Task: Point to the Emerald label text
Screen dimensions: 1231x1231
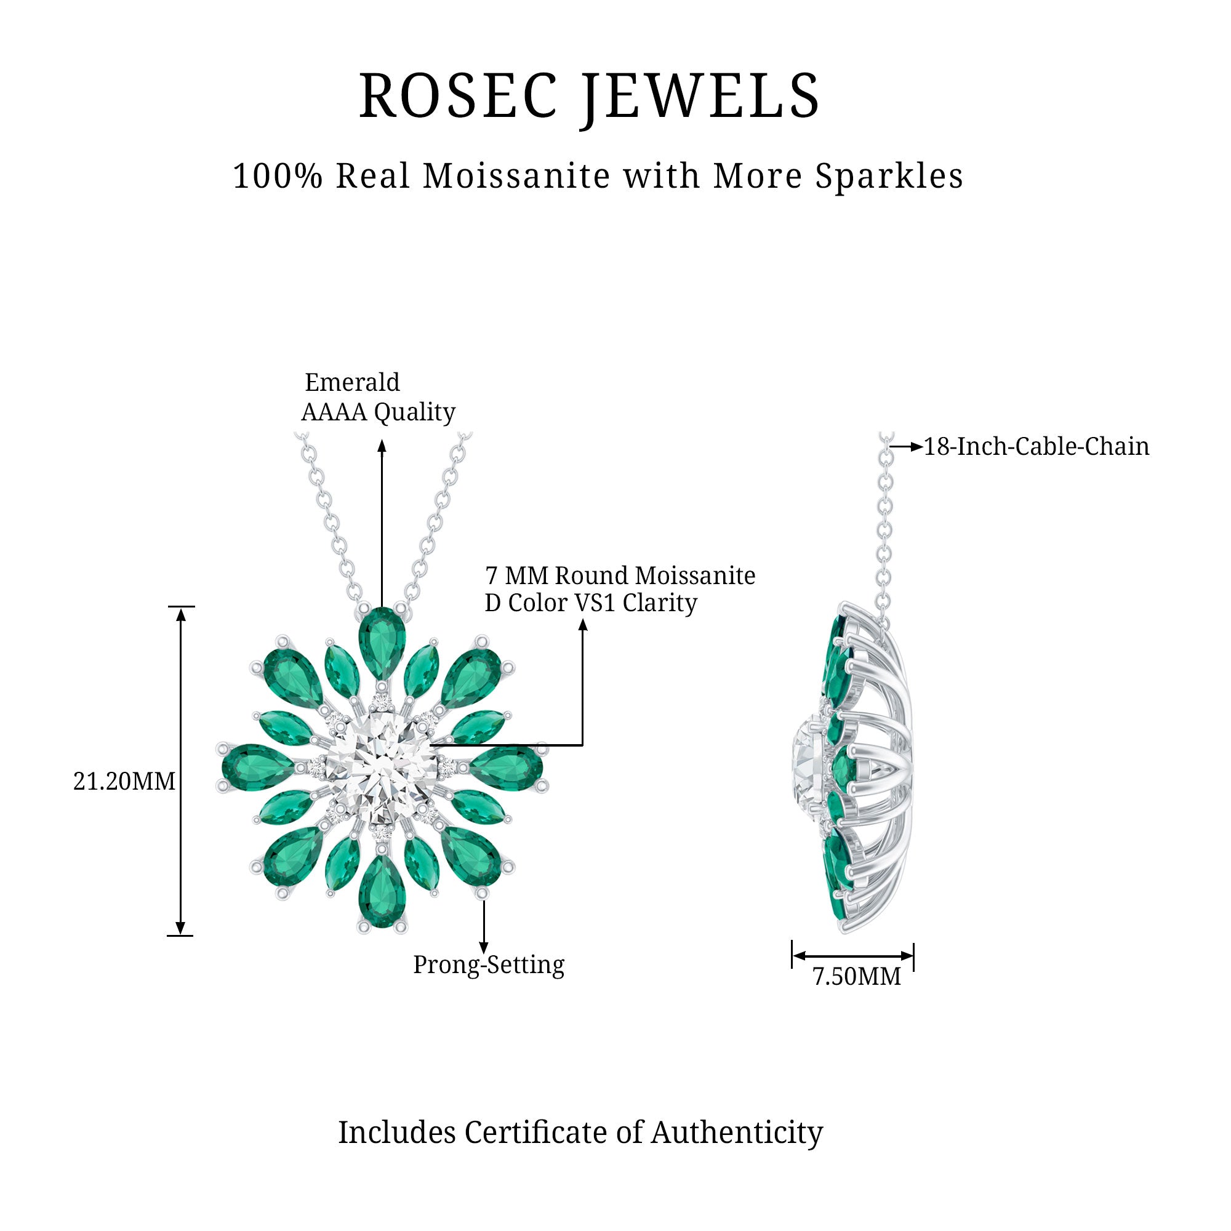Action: [x=352, y=382]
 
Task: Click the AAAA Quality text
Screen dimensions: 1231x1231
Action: [x=378, y=412]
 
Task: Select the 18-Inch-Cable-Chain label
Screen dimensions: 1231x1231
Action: [x=1036, y=447]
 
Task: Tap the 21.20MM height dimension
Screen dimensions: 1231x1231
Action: [x=124, y=781]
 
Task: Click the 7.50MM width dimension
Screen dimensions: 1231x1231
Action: [x=856, y=976]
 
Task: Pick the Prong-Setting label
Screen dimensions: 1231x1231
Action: [x=489, y=964]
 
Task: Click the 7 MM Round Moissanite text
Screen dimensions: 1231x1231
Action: [x=620, y=575]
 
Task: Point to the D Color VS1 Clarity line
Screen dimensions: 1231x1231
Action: [x=591, y=603]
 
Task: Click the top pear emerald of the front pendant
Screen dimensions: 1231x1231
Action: [x=382, y=642]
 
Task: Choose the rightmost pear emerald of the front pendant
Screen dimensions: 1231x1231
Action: [x=507, y=767]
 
